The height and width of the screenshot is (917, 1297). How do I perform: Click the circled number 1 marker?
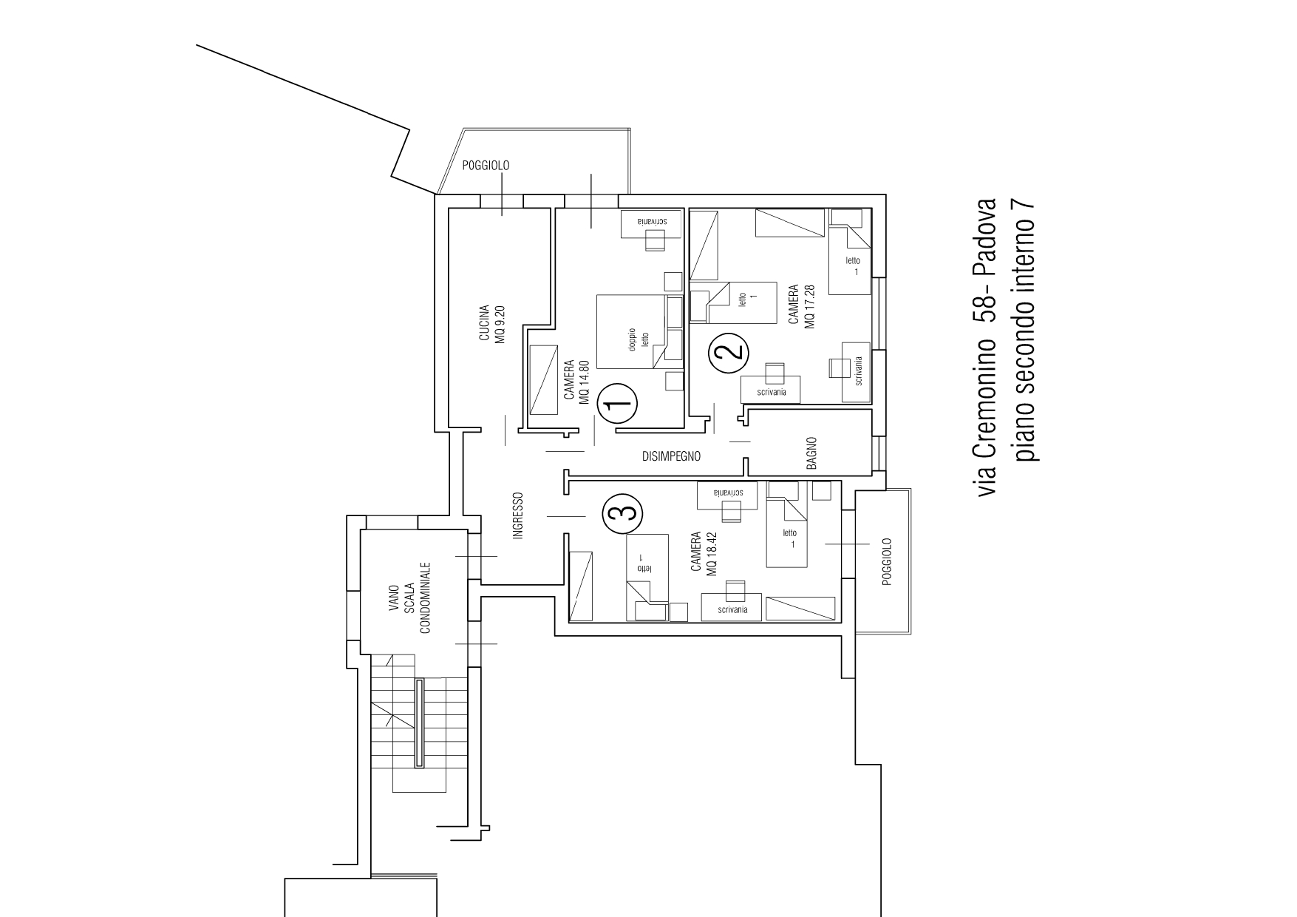[616, 404]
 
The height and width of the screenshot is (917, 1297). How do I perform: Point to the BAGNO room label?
[811, 453]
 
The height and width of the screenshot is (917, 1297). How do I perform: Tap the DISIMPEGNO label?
[670, 456]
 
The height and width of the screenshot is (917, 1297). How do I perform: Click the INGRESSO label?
[518, 515]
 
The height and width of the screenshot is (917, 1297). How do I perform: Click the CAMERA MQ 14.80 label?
[576, 382]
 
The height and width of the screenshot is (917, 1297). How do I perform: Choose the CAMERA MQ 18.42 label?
[703, 554]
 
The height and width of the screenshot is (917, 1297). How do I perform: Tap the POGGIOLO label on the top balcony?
[486, 166]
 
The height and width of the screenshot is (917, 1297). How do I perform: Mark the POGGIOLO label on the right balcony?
[888, 562]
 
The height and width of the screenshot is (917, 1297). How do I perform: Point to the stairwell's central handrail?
[420, 723]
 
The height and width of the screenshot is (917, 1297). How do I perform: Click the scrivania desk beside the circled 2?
[772, 390]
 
